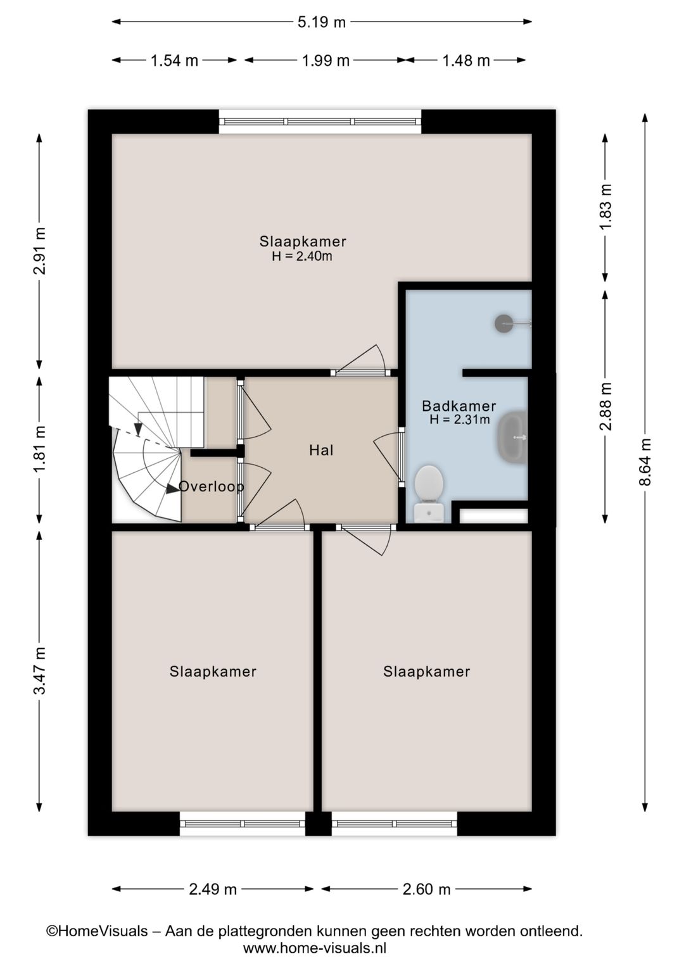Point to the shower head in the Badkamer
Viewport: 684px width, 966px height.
[504, 323]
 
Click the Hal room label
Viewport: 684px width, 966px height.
[321, 450]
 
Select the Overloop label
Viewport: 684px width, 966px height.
[211, 486]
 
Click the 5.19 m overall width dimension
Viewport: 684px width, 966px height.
[322, 22]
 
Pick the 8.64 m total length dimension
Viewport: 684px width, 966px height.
[645, 462]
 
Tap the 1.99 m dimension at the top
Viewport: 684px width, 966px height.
[326, 61]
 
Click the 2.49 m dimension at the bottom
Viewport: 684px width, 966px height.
[213, 889]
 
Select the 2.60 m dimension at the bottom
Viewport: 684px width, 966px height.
[426, 889]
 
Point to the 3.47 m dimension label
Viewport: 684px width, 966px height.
[39, 671]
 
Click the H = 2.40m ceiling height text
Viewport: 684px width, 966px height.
[302, 256]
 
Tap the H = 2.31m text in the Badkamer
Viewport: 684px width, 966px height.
[459, 419]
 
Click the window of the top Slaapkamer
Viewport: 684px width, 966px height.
[320, 122]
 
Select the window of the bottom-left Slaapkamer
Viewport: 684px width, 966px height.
[243, 824]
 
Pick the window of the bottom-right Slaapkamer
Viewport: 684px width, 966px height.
[394, 824]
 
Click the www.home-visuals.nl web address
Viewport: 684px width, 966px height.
[315, 948]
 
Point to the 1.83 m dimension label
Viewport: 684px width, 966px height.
[606, 207]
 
